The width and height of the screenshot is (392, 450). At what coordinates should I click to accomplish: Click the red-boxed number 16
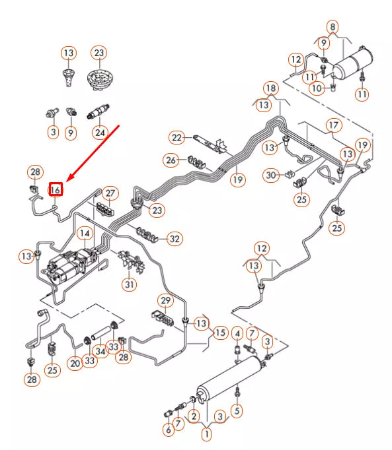pyautogui.click(x=56, y=189)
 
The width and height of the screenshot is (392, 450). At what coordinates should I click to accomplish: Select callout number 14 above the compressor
pyautogui.click(x=84, y=233)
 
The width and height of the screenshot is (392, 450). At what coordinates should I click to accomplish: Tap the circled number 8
pyautogui.click(x=333, y=27)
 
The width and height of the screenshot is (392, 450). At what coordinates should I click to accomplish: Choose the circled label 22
pyautogui.click(x=176, y=137)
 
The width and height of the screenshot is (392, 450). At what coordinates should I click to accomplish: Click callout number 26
pyautogui.click(x=171, y=160)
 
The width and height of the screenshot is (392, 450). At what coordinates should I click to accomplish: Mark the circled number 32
pyautogui.click(x=175, y=238)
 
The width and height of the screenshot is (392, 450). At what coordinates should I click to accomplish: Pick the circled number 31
pyautogui.click(x=130, y=285)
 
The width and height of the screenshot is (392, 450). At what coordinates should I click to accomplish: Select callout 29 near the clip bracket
pyautogui.click(x=165, y=300)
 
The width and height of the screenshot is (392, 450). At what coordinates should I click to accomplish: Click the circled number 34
pyautogui.click(x=100, y=351)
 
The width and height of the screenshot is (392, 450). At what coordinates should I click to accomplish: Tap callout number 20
pyautogui.click(x=75, y=362)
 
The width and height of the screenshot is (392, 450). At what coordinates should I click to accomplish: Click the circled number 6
pyautogui.click(x=168, y=430)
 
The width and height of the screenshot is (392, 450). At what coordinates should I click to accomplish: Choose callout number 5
pyautogui.click(x=237, y=410)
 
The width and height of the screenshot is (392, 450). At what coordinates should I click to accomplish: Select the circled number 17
pyautogui.click(x=333, y=125)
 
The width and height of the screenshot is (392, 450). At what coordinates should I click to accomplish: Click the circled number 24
pyautogui.click(x=100, y=132)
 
